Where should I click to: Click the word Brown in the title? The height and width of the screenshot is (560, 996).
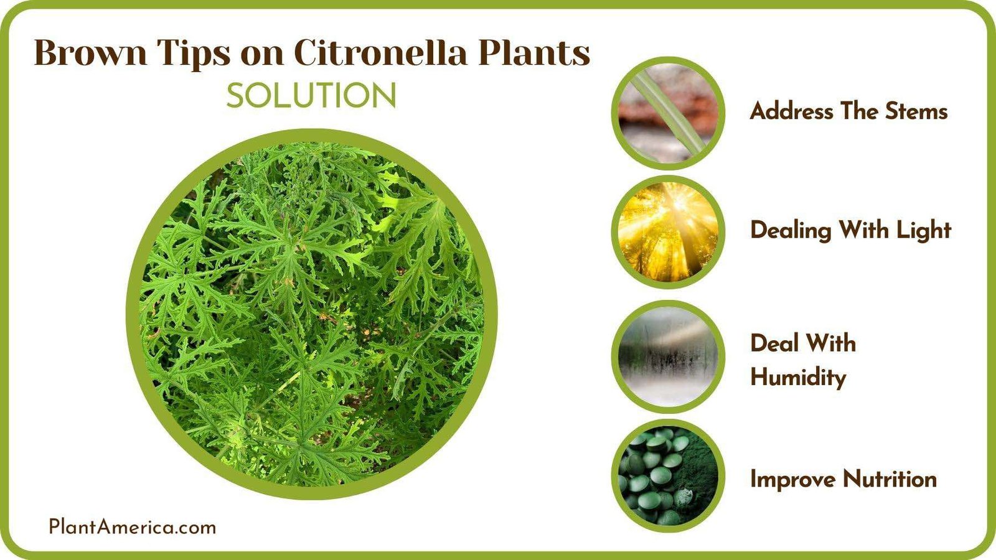tap(90, 52)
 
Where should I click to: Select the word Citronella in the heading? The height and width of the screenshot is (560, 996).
tap(380, 52)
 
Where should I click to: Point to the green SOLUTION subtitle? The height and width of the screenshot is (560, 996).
tap(311, 96)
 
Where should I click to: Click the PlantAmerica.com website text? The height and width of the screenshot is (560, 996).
tap(133, 527)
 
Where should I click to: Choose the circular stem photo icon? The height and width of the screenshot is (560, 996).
tap(668, 113)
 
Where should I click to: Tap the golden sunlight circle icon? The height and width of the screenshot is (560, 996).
tap(668, 231)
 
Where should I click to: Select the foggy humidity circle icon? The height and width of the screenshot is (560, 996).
tap(668, 356)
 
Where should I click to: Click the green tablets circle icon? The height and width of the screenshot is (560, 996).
tap(668, 475)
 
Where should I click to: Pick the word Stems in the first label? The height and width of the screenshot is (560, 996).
tap(916, 111)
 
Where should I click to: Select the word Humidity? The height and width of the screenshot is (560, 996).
tap(798, 377)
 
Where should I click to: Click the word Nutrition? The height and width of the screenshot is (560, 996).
tap(890, 479)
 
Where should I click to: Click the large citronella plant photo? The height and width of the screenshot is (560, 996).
tap(311, 314)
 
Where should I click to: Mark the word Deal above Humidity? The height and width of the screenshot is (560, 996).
tap(775, 343)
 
